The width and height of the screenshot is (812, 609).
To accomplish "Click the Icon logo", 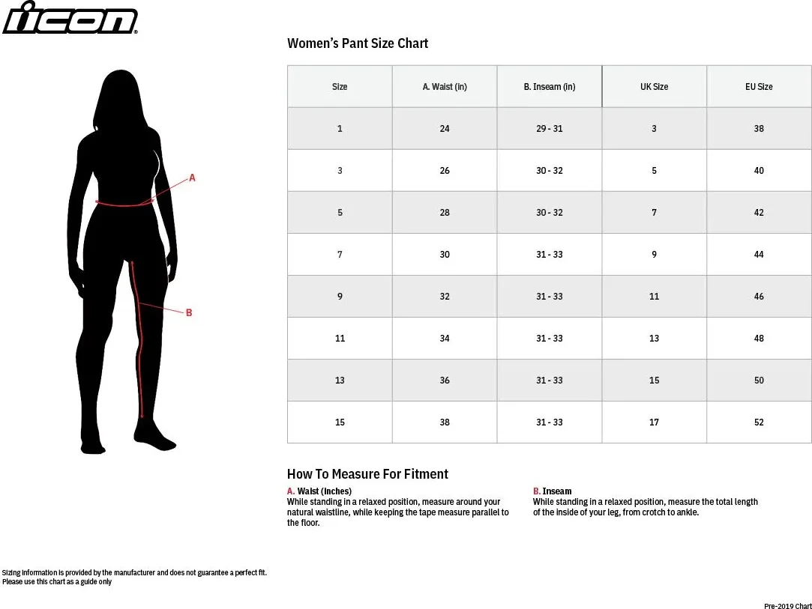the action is [70, 17].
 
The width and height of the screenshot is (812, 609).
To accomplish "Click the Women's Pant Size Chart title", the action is [358, 43].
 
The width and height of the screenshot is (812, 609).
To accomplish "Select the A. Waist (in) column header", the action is [445, 86].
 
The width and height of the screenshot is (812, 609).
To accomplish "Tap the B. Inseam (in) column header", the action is [550, 86].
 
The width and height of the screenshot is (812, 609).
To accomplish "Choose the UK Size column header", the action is [654, 86].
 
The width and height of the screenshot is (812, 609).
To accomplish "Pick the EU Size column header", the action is [759, 86].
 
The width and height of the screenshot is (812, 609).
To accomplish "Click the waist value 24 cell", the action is [445, 128].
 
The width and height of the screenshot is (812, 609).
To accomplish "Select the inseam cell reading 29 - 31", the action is [550, 128].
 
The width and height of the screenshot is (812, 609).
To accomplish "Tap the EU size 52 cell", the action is [759, 422].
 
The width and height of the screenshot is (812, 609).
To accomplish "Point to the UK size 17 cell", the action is [654, 422].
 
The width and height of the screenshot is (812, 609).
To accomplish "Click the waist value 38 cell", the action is [445, 422].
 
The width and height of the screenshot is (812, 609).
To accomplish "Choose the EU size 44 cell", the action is [759, 255].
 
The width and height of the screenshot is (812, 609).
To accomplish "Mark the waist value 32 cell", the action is [445, 297].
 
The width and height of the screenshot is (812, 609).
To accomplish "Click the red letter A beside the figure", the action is [192, 178].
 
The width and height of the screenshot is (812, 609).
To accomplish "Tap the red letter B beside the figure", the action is [189, 312].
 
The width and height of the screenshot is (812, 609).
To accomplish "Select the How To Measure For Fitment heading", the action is [367, 474].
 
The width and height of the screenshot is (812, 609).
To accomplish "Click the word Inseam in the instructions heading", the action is [557, 491].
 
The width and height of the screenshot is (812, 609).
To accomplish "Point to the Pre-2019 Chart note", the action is [788, 606].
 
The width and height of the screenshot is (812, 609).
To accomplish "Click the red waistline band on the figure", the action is [124, 204].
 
